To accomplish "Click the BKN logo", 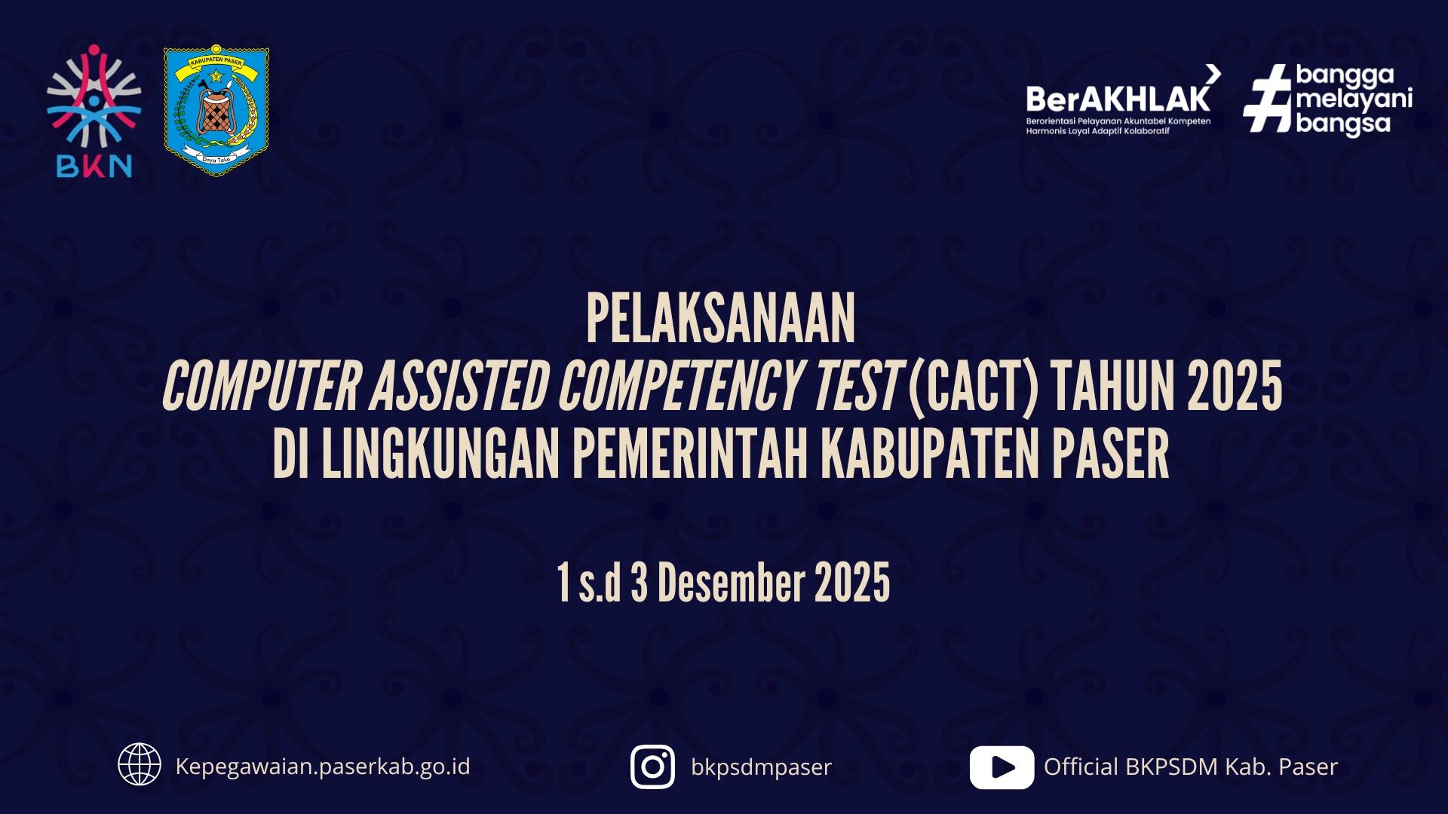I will click(94, 112).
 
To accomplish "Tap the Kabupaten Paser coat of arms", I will click(216, 110).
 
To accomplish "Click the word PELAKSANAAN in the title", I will click(721, 319).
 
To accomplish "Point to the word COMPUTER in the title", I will click(262, 387).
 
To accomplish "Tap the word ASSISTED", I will click(459, 387).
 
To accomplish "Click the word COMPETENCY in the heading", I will click(680, 387).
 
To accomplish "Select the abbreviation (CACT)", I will click(974, 387).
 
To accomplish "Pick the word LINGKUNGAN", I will click(440, 454).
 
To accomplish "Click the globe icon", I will click(140, 764).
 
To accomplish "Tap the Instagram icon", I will click(653, 767).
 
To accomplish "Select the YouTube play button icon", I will click(1002, 767).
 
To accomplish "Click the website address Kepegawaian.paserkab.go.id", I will click(323, 767).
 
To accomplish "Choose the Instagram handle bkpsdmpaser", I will click(761, 767).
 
